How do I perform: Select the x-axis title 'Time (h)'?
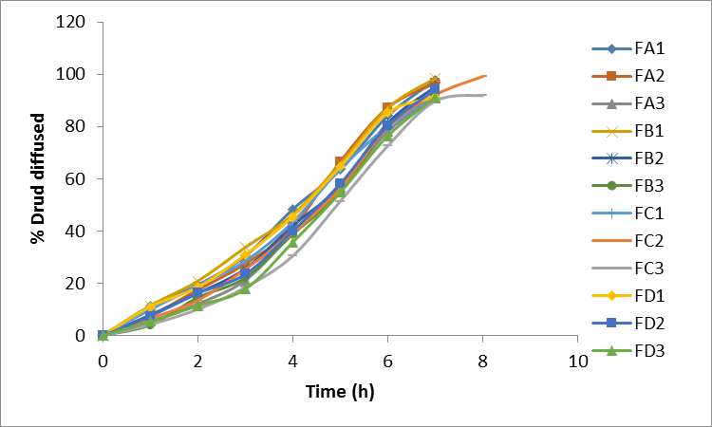click(x=340, y=390)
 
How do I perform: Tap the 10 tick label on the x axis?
click(x=578, y=361)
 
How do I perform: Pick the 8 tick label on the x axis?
click(x=483, y=361)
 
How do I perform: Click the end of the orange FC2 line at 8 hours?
click(x=485, y=75)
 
